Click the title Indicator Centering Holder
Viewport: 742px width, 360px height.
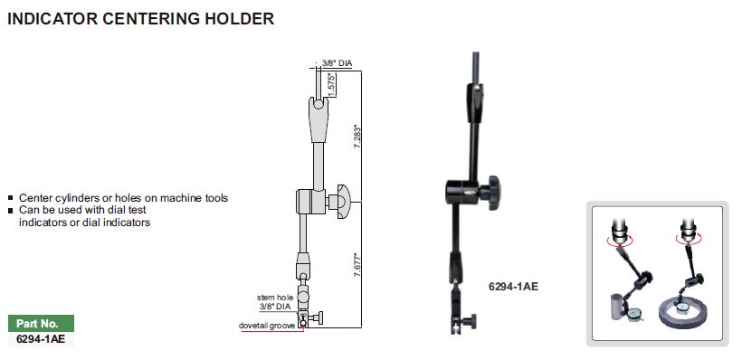140,18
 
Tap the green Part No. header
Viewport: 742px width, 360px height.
41,324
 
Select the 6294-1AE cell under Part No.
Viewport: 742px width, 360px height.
41,339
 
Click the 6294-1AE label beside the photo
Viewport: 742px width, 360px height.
513,286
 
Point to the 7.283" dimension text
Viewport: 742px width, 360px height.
358,137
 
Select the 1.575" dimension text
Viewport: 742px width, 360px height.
332,85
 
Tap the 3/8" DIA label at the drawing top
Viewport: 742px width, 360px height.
337,63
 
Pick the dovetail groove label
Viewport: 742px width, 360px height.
267,326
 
